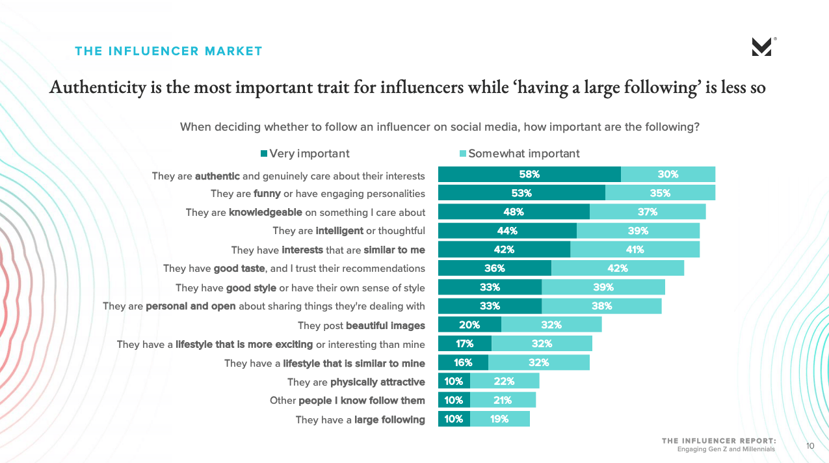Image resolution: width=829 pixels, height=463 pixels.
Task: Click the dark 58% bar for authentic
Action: [529, 174]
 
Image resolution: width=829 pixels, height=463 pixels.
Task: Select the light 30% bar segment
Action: [668, 174]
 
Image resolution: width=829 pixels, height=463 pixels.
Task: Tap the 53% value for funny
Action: [521, 193]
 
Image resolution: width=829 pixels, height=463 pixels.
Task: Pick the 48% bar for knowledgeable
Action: [514, 212]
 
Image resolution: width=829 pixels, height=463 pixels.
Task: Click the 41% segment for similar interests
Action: [635, 250]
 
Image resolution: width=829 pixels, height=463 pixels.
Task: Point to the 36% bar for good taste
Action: [494, 269]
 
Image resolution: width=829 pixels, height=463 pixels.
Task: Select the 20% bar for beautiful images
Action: [469, 325]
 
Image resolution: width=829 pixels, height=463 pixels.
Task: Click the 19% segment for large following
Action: [499, 419]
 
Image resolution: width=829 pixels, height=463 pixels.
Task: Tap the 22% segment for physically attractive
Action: [504, 382]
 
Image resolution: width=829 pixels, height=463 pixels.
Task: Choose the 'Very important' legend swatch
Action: [264, 154]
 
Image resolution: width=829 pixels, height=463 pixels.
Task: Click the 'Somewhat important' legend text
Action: [523, 154]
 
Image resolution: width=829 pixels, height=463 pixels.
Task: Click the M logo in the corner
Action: [761, 47]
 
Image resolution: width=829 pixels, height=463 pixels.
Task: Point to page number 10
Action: [810, 446]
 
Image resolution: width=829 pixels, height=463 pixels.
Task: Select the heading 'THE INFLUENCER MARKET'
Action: [168, 51]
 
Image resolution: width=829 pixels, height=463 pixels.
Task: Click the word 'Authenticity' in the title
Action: [98, 87]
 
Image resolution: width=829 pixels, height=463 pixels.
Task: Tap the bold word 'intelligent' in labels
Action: [339, 231]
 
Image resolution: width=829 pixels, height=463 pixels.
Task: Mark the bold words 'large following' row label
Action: [389, 420]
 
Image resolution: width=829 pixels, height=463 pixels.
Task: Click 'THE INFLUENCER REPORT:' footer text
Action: [718, 441]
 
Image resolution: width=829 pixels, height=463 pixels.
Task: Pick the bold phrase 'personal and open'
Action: [191, 306]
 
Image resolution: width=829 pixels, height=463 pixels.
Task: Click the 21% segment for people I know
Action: [503, 401]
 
